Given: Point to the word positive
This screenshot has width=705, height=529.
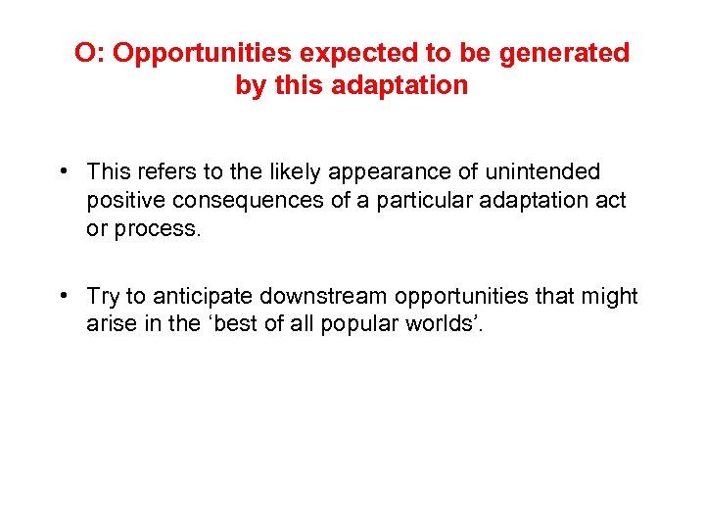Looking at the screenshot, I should click(x=121, y=201).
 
